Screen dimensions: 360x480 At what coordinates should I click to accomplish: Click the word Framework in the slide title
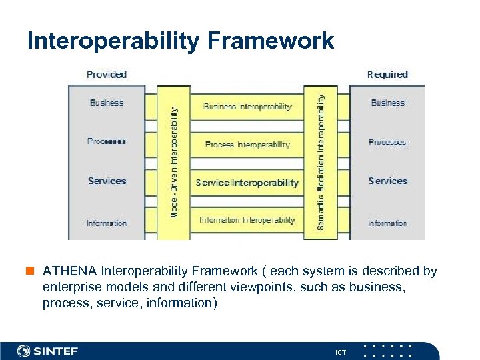click(271, 41)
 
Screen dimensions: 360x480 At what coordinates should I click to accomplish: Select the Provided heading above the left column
click(107, 74)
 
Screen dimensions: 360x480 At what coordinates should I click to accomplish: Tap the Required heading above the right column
click(387, 74)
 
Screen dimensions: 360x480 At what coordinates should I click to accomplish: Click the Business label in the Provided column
click(107, 103)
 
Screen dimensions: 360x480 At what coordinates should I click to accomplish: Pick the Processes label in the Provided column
click(107, 141)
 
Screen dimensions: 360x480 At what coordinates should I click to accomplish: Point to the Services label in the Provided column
click(107, 181)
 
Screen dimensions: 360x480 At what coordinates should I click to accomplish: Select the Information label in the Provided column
click(107, 223)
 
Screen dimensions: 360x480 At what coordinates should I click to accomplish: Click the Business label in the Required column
click(387, 103)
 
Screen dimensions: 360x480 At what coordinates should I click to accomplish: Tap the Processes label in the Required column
click(387, 142)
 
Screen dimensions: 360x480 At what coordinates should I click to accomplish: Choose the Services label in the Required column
click(387, 181)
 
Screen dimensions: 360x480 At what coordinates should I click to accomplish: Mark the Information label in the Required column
click(387, 223)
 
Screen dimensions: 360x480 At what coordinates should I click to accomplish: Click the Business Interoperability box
click(247, 106)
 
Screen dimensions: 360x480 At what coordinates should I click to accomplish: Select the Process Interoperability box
click(247, 145)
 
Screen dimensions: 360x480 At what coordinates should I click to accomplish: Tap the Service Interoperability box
click(247, 183)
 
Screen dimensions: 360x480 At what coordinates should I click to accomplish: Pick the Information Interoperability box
click(247, 220)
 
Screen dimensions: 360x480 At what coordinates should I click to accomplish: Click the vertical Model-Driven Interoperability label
click(174, 162)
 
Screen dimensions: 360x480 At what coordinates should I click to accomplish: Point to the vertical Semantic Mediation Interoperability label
click(321, 162)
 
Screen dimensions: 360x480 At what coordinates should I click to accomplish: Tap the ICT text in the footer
click(341, 351)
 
